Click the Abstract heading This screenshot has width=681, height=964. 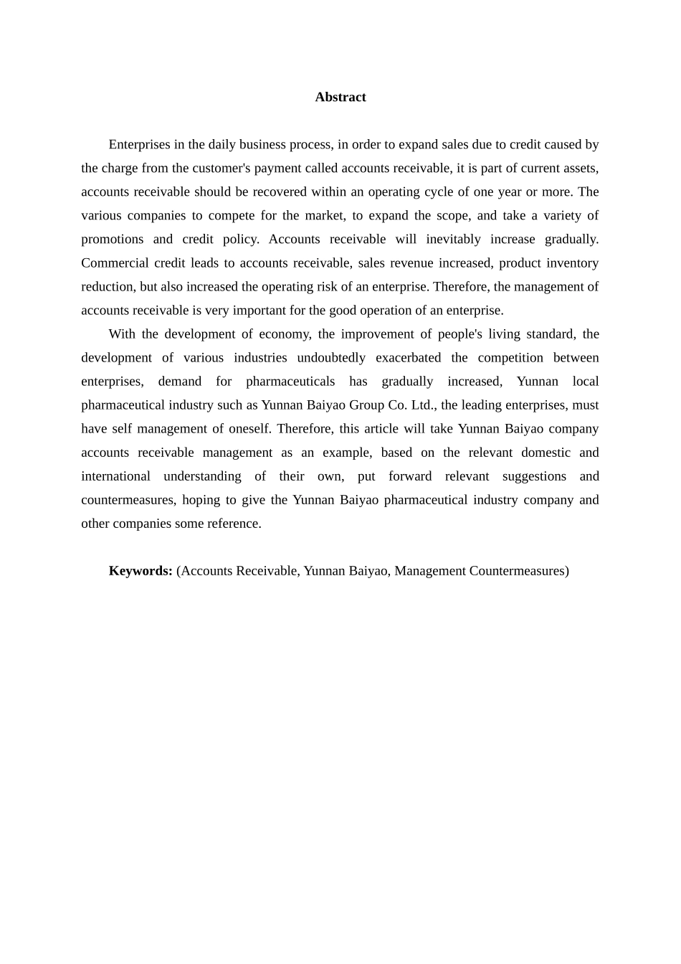coord(340,97)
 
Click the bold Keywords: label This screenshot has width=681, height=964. coord(141,571)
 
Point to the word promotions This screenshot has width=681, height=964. coord(112,239)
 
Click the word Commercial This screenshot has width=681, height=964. coord(113,263)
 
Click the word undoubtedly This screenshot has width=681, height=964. coord(331,357)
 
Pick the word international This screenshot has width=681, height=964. coord(115,476)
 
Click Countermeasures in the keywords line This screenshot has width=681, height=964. coord(518,571)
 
